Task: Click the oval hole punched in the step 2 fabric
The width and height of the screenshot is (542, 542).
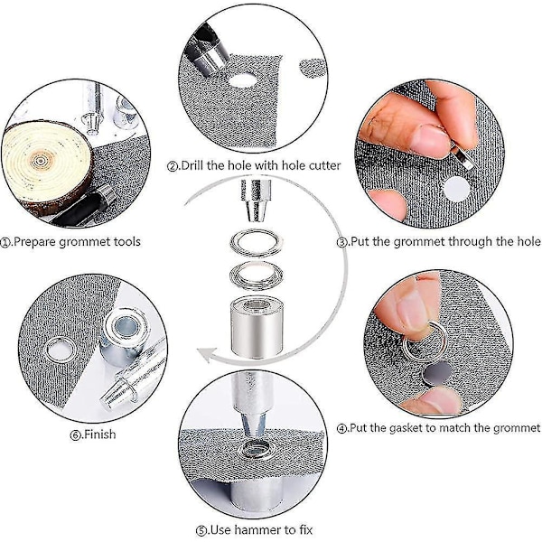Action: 243,80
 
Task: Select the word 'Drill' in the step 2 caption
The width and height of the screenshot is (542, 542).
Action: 192,165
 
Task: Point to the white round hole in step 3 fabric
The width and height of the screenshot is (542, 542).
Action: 456,190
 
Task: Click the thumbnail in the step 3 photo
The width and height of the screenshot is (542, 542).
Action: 428,140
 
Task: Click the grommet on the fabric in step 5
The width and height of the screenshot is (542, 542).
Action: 255,450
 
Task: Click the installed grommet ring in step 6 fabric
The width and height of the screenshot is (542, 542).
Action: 61,350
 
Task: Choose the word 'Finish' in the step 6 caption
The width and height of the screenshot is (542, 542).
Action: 100,435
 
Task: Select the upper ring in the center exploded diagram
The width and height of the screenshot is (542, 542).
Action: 257,243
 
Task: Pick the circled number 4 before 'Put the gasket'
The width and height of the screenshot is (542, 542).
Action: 341,429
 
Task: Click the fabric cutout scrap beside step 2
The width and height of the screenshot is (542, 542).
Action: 313,68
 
